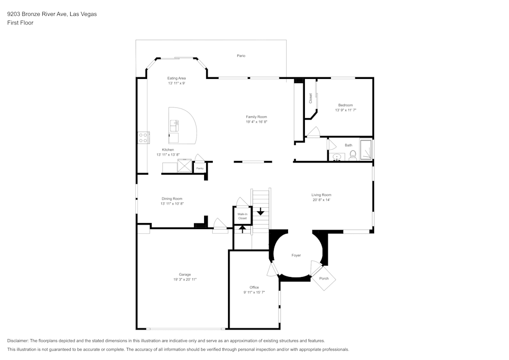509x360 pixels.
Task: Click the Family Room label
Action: (257, 117)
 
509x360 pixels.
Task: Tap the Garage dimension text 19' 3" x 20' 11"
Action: (185, 280)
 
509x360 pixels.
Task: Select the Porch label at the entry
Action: (324, 279)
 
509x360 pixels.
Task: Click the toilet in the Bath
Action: (352, 154)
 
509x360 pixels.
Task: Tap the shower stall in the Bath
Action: (365, 149)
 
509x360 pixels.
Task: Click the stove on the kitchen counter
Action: (143, 137)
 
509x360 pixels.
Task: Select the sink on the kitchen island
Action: (175, 123)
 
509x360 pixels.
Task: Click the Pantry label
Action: (200, 168)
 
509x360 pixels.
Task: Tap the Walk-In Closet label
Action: (242, 216)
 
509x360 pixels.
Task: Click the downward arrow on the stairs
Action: (261, 210)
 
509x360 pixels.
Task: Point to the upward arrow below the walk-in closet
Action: (243, 229)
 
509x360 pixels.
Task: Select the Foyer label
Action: (296, 255)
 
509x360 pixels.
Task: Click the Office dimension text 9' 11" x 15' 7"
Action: (254, 292)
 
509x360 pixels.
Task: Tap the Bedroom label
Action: (346, 105)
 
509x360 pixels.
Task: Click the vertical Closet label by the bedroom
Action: (310, 98)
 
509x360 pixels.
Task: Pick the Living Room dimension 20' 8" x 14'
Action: (322, 200)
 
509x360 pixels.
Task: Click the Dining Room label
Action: (172, 199)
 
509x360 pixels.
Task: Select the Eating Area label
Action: (177, 78)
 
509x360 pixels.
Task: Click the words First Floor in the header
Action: (20, 23)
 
